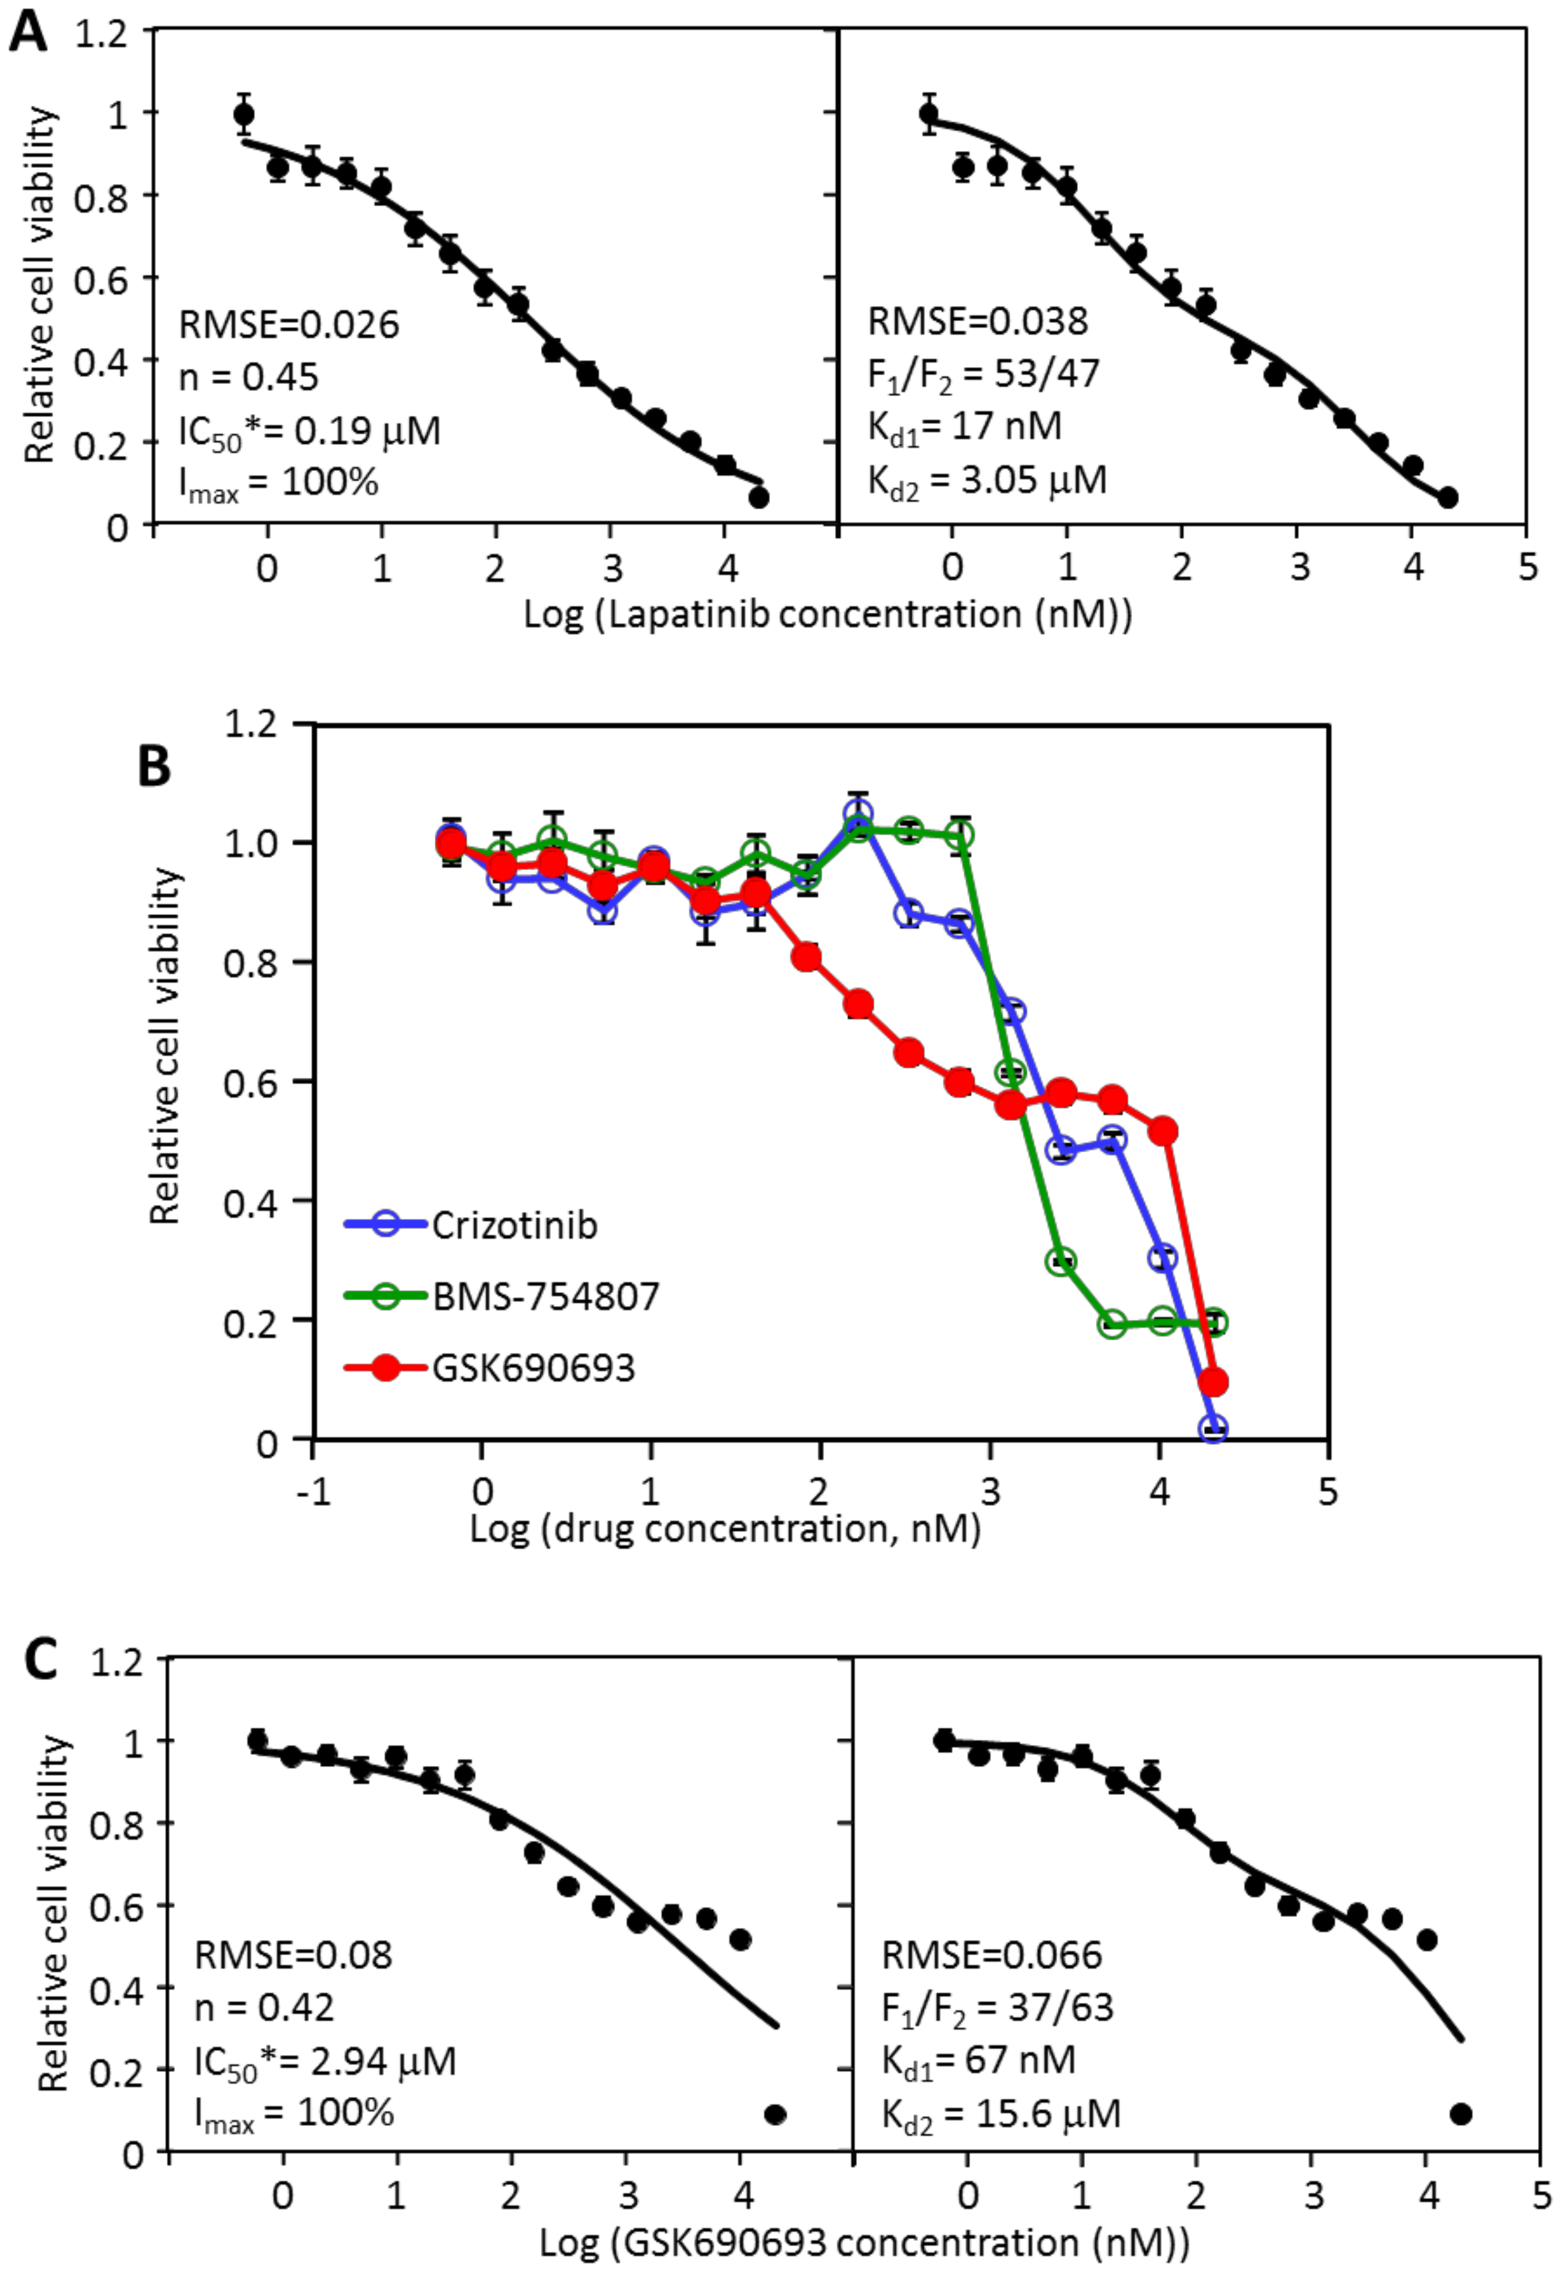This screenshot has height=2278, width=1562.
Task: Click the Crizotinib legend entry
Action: point(515,1225)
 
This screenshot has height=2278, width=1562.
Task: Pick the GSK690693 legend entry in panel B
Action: point(534,1367)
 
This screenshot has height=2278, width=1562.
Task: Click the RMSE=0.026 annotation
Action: point(289,324)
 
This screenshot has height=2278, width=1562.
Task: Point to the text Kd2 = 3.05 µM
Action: point(987,480)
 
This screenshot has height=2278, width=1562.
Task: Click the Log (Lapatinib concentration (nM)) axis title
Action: point(828,614)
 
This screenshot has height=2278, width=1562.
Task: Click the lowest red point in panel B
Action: point(1213,1382)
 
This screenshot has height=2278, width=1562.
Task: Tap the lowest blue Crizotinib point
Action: point(1213,1429)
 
